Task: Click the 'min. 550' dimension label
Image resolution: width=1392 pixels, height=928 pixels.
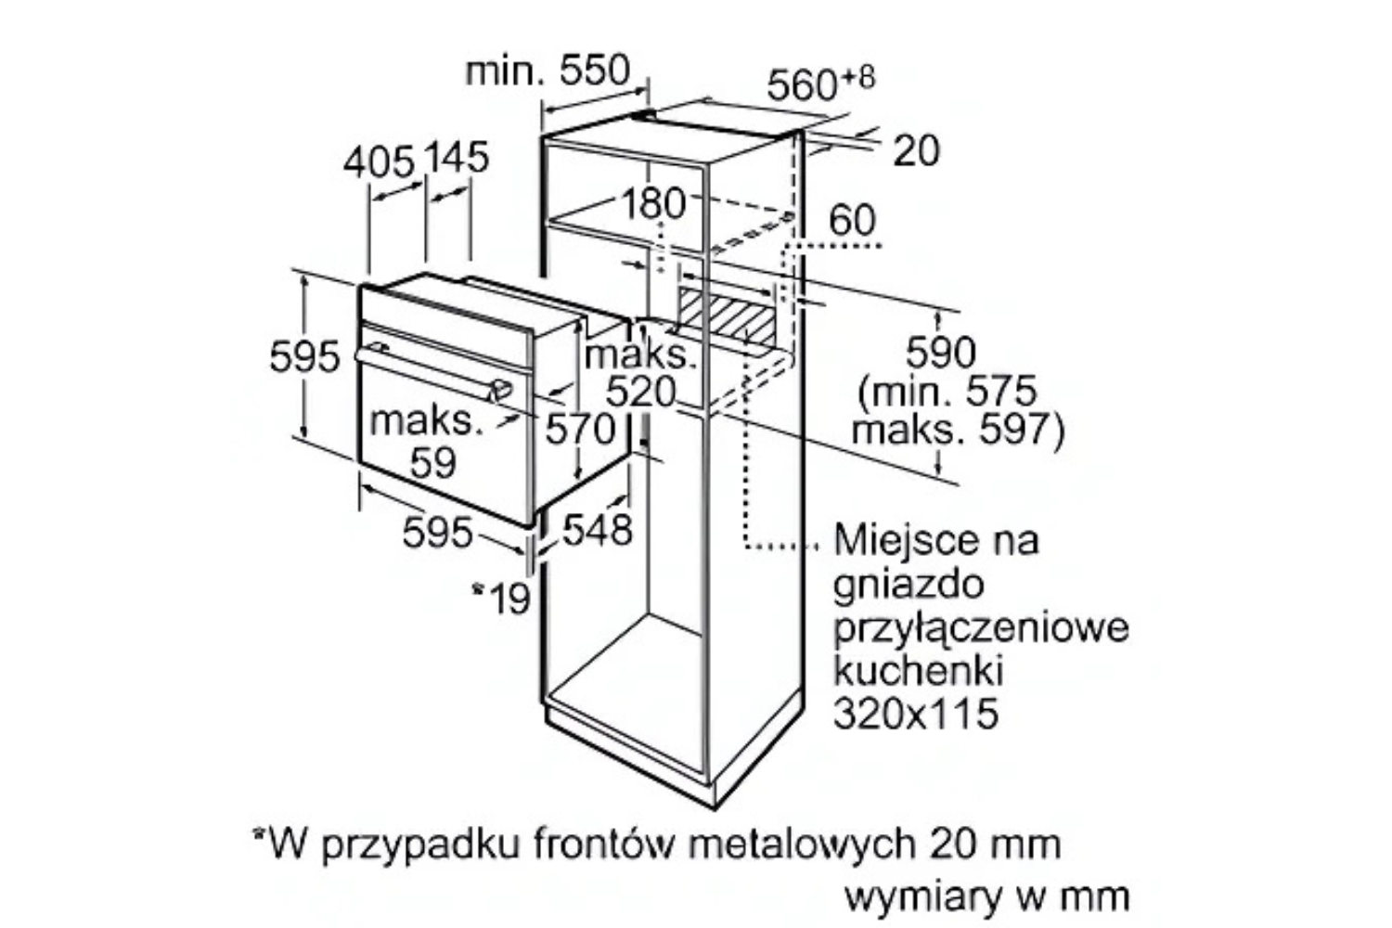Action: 548,71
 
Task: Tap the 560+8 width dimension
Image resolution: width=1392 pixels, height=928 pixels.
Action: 821,84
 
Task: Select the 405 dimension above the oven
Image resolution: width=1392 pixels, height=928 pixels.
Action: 379,162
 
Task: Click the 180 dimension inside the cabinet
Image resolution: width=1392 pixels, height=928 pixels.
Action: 653,203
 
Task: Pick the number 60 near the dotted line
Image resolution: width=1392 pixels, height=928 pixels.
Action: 852,220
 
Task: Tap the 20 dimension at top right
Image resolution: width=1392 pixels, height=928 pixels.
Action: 916,151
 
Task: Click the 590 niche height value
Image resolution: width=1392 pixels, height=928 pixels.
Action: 941,353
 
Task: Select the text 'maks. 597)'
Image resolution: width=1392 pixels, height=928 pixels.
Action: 958,430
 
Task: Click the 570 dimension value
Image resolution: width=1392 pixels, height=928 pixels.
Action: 580,430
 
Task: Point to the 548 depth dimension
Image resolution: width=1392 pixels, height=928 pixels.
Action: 598,531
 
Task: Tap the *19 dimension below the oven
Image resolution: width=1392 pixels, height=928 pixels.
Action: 501,598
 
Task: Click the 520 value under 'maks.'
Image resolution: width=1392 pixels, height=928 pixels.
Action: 640,393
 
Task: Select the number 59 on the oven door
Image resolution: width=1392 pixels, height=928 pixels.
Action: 433,463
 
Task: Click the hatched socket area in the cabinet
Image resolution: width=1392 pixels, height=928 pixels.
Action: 727,317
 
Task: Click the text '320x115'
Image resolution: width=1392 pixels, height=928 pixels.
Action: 916,714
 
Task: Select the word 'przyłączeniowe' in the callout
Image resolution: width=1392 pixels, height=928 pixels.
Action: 981,629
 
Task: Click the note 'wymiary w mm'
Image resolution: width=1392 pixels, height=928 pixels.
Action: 987,897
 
